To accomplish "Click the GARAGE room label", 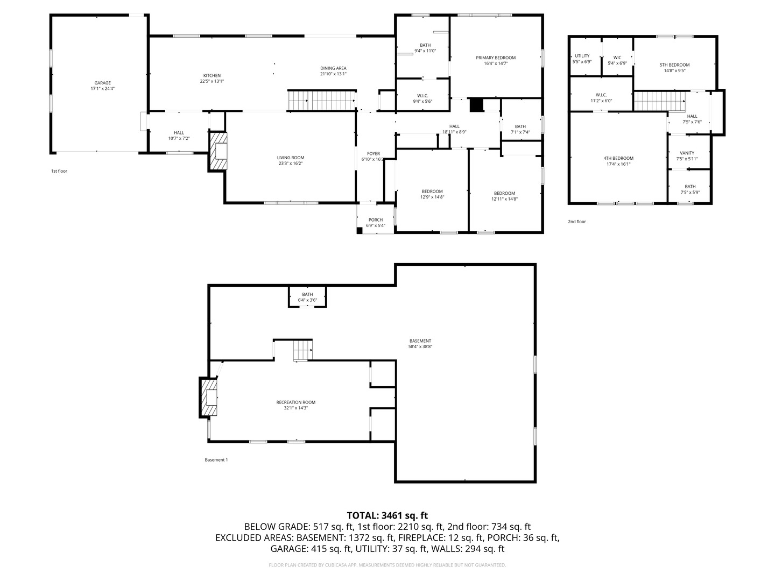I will click(102, 83).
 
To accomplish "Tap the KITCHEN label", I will click(212, 75).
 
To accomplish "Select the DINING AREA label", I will click(333, 68).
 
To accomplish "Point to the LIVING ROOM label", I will click(291, 158).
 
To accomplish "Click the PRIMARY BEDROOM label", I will click(495, 58).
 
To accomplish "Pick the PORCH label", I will click(375, 220).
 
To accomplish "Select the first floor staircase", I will click(322, 101).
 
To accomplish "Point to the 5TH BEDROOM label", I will click(674, 65).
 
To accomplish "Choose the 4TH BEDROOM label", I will click(618, 158).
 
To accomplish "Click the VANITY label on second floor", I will click(687, 153).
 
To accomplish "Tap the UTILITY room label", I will click(582, 56).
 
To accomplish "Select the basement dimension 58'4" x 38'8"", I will click(420, 347).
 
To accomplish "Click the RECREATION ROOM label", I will click(295, 402).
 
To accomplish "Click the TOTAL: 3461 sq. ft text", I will click(387, 515).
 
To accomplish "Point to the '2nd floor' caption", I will click(577, 222).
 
